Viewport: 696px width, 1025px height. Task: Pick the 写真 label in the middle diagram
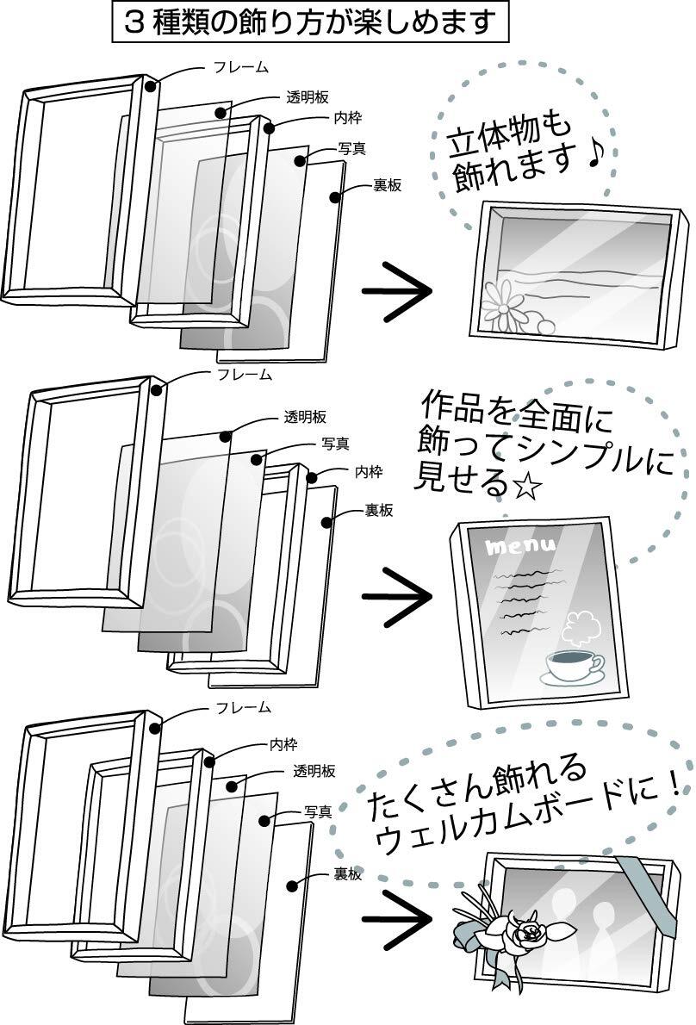[335, 444]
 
